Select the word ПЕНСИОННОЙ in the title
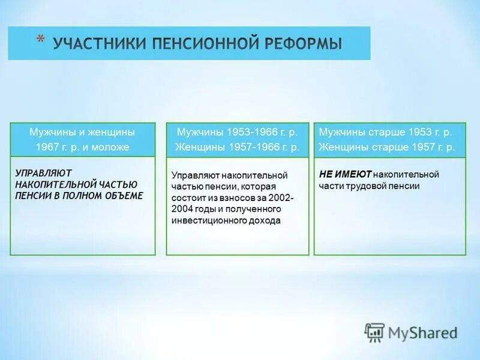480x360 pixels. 200,44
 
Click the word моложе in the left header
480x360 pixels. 112,147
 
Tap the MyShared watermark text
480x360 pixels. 422,332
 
